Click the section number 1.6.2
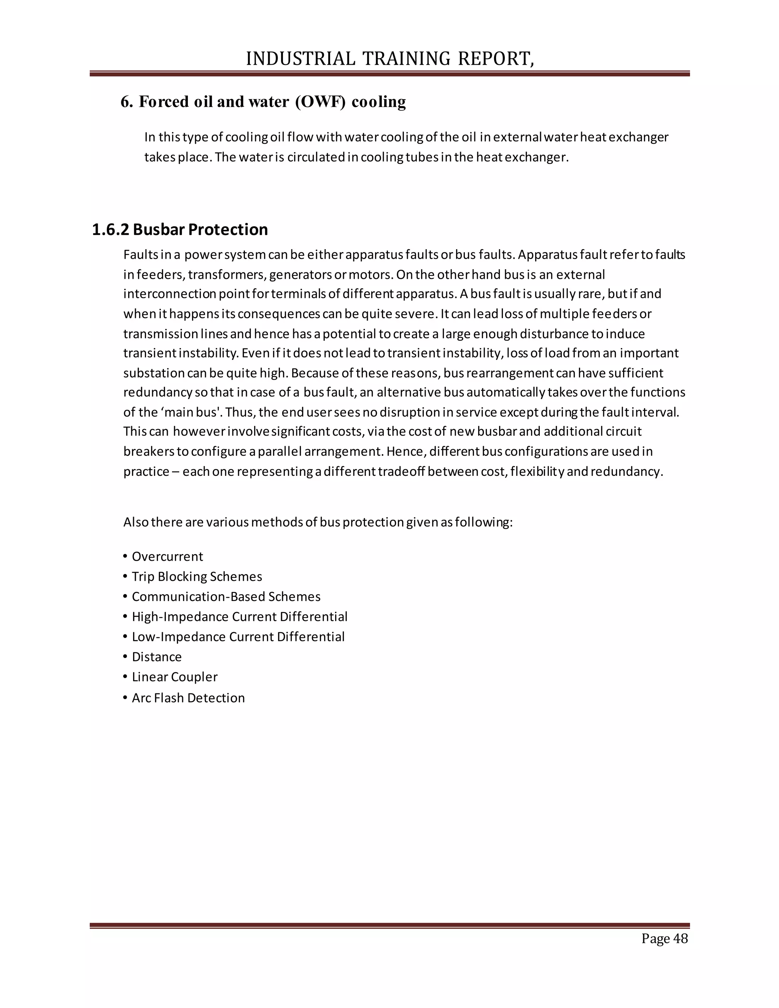point(110,229)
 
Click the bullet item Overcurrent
point(167,556)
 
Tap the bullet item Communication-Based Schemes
point(226,597)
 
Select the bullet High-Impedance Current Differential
point(240,617)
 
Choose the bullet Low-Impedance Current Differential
point(238,637)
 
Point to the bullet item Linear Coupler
point(175,677)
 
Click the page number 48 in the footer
point(680,938)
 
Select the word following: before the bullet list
point(484,523)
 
